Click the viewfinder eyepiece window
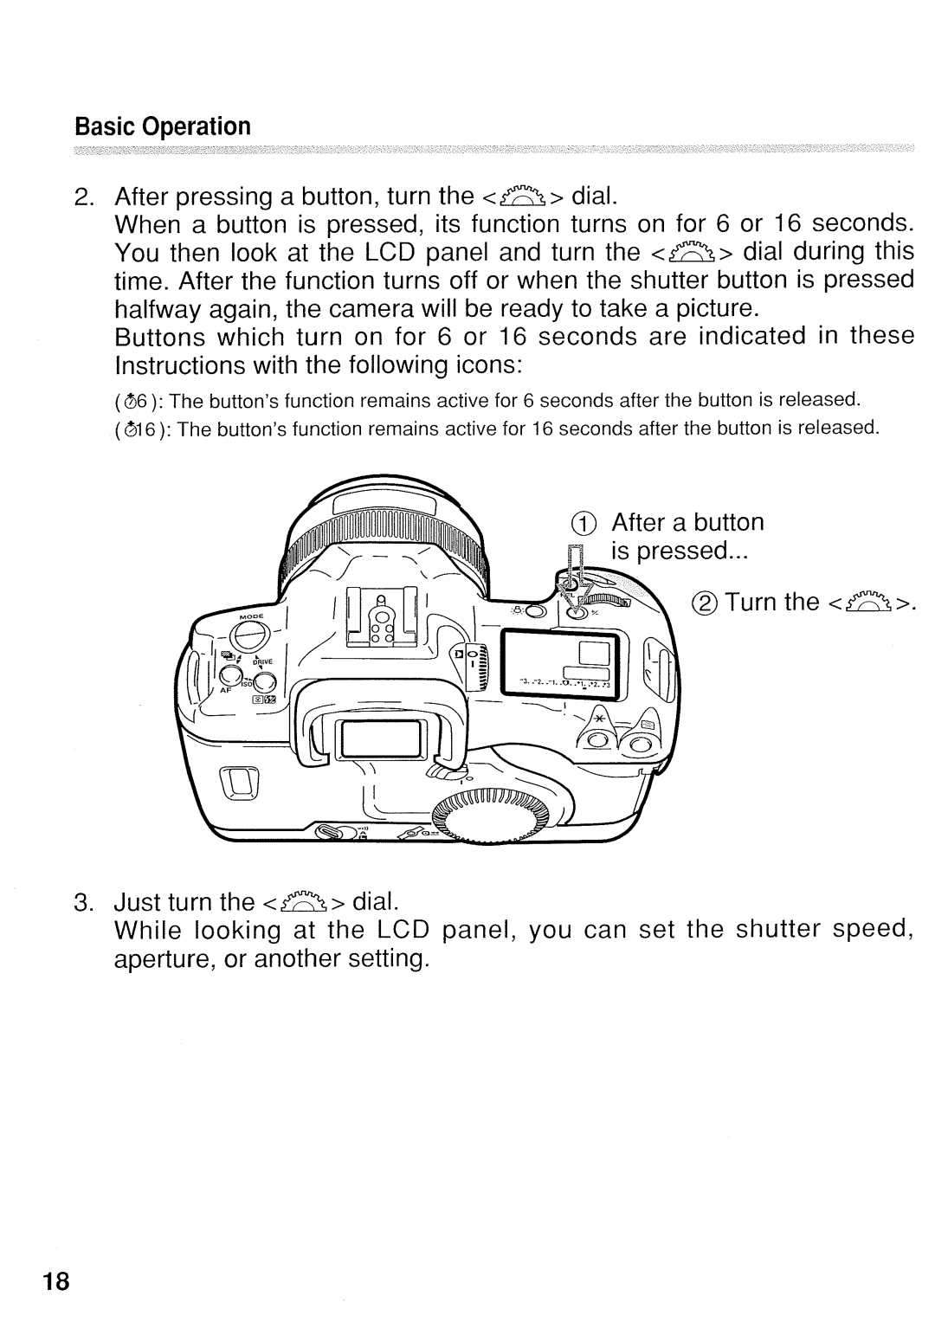pos(382,741)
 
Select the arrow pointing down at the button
pos(575,581)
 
